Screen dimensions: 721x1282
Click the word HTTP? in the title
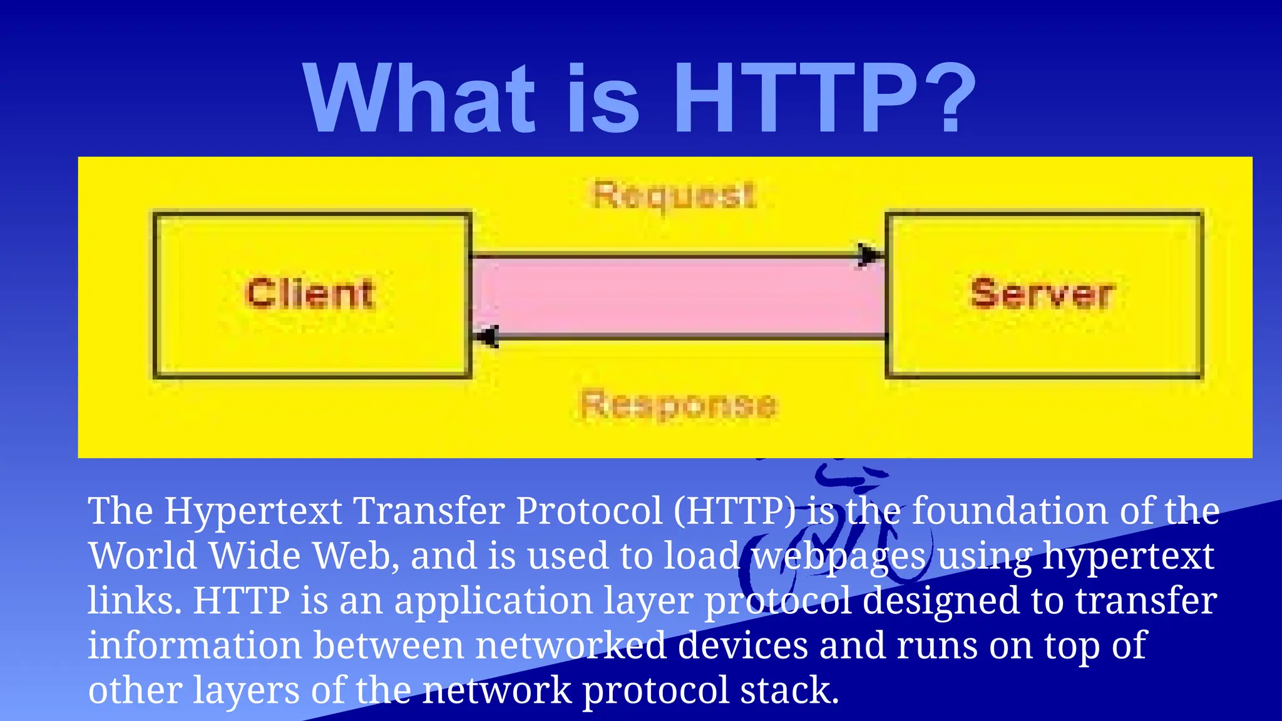click(x=824, y=98)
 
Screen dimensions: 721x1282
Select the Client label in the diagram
click(x=310, y=294)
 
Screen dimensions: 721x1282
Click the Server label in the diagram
click(x=1042, y=294)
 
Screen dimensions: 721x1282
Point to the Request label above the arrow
click(x=674, y=195)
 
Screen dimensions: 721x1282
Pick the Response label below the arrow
click(x=679, y=405)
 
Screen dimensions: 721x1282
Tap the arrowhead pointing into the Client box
click(x=486, y=337)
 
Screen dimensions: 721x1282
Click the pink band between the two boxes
click(x=678, y=296)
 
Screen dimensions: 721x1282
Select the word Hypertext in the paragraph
click(x=253, y=511)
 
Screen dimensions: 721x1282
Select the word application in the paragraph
click(x=493, y=601)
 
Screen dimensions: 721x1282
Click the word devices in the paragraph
click(x=742, y=646)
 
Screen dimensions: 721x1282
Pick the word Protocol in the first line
click(x=588, y=511)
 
